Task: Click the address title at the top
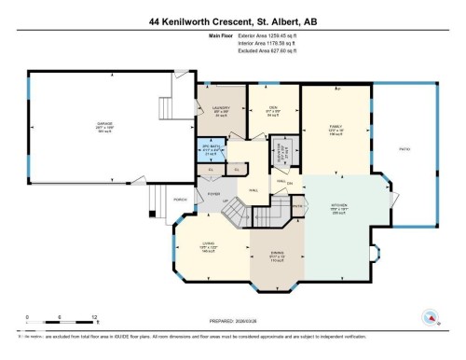[233, 20]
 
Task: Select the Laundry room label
[221, 112]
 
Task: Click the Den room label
[274, 112]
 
